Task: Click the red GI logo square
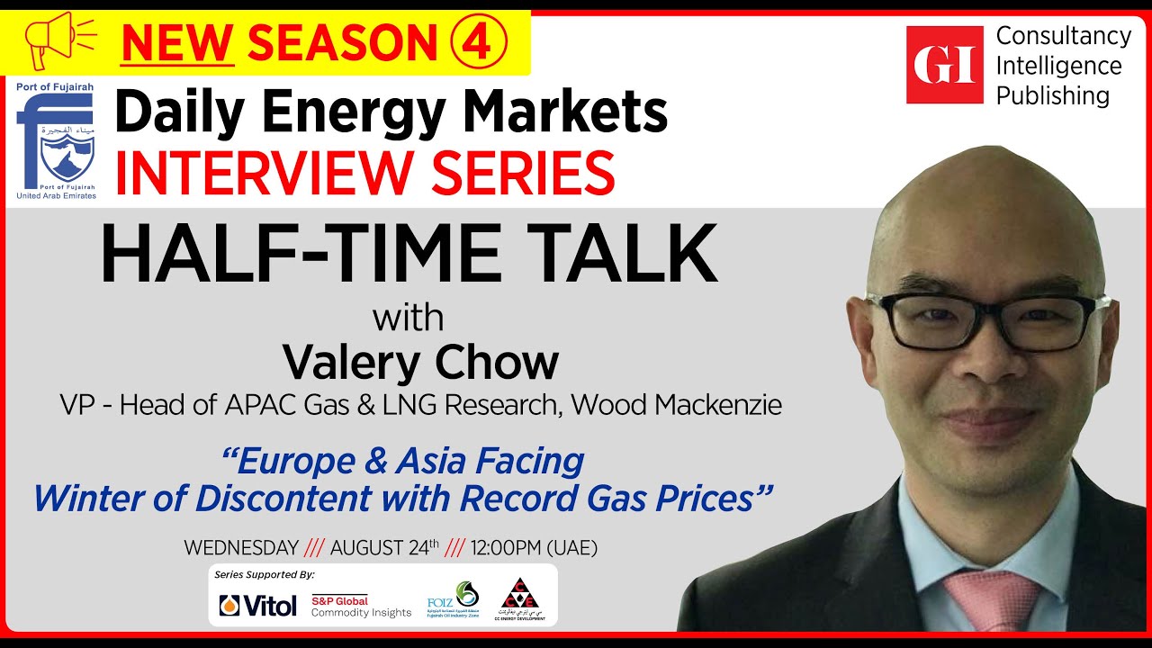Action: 944,65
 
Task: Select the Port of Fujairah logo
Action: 55,140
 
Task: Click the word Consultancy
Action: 1063,36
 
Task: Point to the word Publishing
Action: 1052,95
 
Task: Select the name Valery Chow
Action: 420,362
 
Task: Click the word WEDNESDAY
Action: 240,547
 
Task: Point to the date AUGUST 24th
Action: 384,547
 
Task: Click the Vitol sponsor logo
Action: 257,606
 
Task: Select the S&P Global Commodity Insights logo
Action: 361,606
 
